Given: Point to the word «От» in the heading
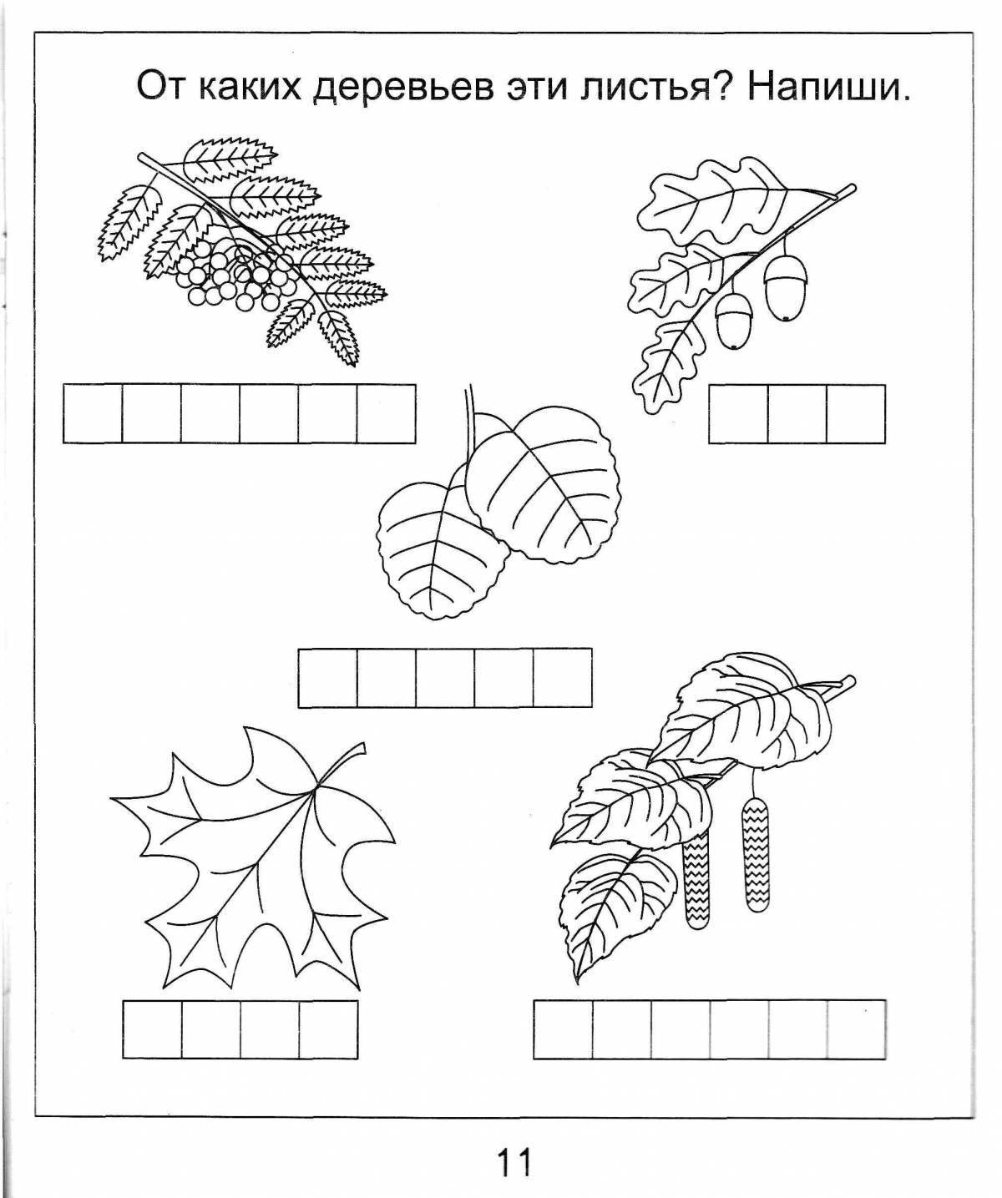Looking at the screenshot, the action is pos(162,87).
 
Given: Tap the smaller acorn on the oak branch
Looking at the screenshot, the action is pos(731,321).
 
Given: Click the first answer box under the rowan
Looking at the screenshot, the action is pos(93,414).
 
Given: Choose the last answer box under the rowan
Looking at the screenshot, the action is pos(386,414).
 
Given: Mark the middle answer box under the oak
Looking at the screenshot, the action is pos(797,414).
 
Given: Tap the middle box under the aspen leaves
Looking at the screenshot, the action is pos(445,678).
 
